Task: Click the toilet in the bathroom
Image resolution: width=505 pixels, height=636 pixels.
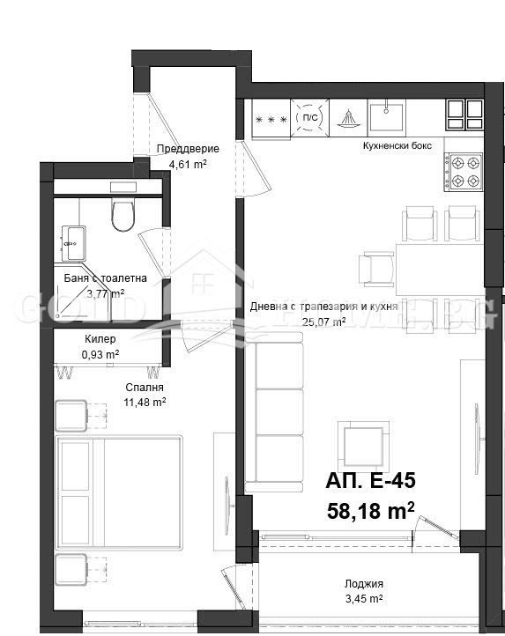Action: (123, 214)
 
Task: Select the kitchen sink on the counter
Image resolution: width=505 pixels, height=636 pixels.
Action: (387, 115)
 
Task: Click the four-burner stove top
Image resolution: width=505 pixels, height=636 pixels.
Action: (463, 172)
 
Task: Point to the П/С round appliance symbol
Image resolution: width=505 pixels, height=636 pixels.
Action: (309, 117)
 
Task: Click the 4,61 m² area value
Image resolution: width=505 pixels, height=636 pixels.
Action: (188, 164)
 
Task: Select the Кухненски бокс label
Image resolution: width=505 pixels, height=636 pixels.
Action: (396, 146)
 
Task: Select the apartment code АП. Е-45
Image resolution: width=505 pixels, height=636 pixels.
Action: (369, 481)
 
